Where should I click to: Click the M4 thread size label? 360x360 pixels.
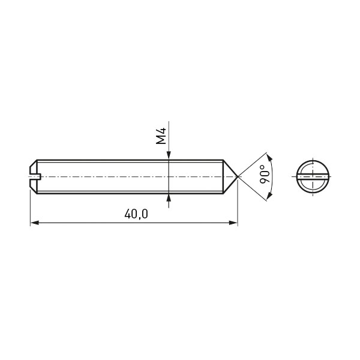(x=161, y=136)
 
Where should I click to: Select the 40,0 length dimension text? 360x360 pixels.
(x=136, y=214)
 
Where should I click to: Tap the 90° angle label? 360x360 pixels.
(x=265, y=174)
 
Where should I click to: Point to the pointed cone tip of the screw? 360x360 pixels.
(x=238, y=176)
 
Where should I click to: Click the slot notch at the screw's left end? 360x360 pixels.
(x=35, y=176)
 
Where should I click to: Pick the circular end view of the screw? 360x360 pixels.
(x=313, y=176)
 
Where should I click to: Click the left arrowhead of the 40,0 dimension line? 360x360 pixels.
(x=34, y=223)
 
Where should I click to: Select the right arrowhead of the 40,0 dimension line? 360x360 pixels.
(x=233, y=223)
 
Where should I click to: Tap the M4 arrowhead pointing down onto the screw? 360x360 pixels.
(x=169, y=155)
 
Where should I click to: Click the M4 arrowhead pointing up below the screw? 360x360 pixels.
(x=169, y=198)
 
